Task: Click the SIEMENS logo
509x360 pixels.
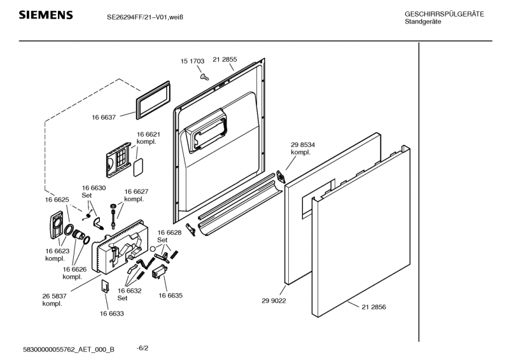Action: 45,15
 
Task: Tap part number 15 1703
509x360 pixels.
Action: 192,61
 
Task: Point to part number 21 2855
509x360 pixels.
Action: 225,59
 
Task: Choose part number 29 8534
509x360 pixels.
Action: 303,145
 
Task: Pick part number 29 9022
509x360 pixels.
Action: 274,301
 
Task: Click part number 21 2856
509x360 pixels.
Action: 373,307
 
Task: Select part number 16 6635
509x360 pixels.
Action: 171,295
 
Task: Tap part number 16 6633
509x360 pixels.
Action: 111,313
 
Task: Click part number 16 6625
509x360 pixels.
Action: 57,200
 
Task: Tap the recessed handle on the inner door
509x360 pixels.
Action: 206,131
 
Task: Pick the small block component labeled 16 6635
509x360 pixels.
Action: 159,272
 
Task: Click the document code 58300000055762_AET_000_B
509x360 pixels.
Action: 69,349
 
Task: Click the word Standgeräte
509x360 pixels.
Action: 423,22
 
